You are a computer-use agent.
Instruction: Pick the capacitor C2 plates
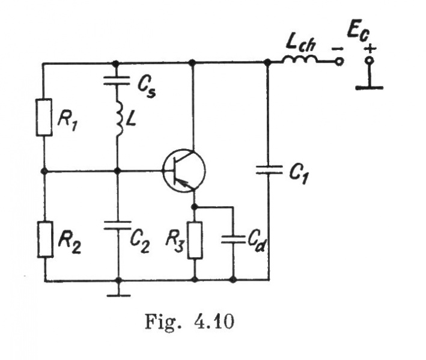pos(117,226)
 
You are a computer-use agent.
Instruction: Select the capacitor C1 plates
pos(268,170)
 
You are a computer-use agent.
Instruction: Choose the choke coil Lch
pos(301,60)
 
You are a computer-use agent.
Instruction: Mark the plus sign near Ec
pos(370,49)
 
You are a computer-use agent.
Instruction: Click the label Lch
pos(300,42)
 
